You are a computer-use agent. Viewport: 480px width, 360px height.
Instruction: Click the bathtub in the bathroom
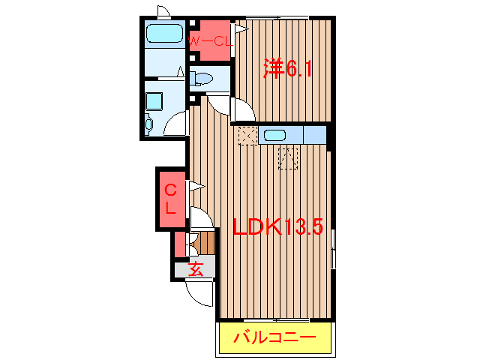point(164,34)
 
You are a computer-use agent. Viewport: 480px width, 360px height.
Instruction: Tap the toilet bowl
point(203,77)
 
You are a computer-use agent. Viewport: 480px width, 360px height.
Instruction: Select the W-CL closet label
point(209,41)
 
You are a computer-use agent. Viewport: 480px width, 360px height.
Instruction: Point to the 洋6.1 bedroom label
point(287,69)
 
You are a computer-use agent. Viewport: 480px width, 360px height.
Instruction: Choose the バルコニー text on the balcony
point(274,337)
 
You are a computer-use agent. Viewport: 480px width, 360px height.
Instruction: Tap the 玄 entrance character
point(196,268)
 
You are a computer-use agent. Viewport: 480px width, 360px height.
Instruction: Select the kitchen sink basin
point(274,136)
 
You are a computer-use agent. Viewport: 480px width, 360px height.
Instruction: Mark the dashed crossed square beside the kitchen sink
point(247,136)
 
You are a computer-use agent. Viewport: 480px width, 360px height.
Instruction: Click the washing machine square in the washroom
point(155,100)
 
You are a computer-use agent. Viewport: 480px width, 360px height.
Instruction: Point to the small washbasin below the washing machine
point(148,124)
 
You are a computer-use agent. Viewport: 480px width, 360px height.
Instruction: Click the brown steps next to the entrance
point(206,243)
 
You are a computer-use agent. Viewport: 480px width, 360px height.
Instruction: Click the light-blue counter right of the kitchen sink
point(315,136)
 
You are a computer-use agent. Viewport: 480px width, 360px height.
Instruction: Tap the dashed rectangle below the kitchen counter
point(289,157)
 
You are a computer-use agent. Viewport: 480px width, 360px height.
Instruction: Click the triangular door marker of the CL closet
point(196,185)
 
